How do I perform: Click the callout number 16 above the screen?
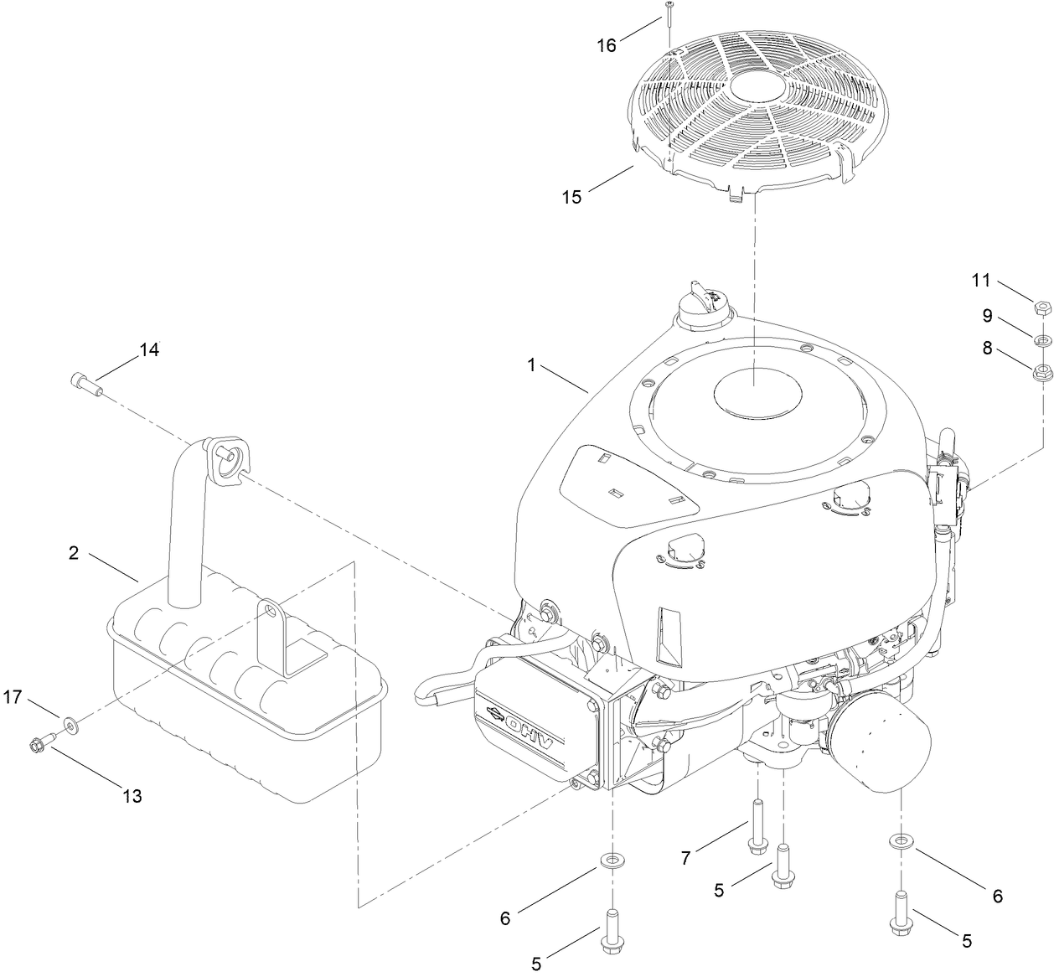click(x=606, y=45)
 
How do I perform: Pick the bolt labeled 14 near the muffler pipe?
click(x=84, y=384)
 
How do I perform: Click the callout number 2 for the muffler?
click(x=74, y=553)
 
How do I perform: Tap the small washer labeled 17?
click(x=68, y=722)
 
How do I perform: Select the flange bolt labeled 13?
click(x=39, y=742)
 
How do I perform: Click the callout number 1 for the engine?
click(x=531, y=365)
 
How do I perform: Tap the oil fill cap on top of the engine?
click(x=700, y=303)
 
